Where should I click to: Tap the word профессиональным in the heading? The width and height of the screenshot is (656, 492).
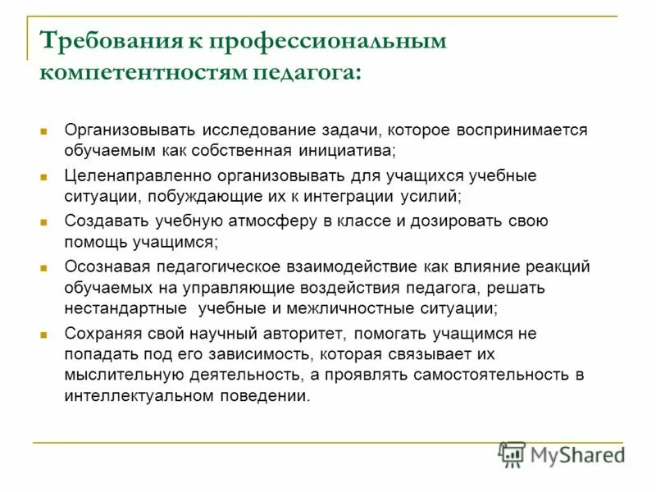328,42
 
